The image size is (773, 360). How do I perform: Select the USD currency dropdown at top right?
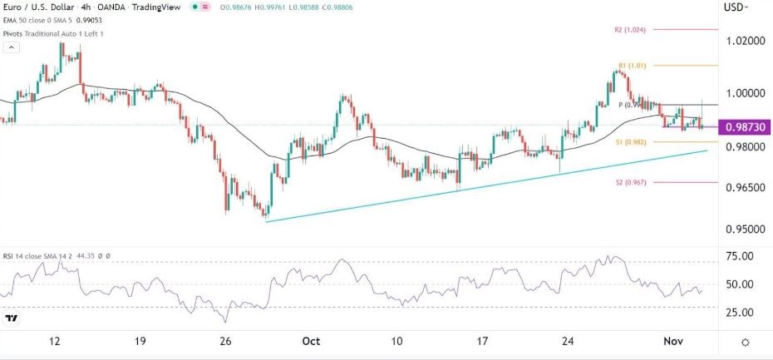(736, 7)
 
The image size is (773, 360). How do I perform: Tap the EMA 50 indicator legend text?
(50, 22)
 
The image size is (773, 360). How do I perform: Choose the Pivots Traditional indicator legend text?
(54, 33)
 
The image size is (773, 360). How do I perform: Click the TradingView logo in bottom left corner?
(12, 318)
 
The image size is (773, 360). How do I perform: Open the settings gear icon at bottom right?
(746, 342)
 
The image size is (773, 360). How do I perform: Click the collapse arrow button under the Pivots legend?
(11, 47)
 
